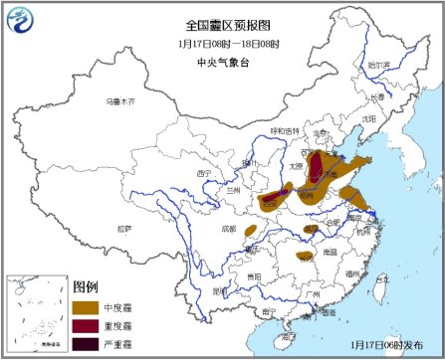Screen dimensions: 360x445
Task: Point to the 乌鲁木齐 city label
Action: pos(119,101)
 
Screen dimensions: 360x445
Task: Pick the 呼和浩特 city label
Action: pos(285,129)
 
